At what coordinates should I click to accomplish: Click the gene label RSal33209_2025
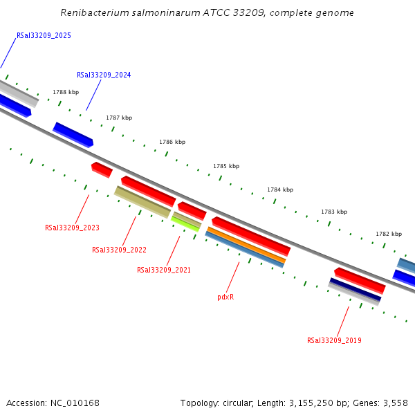coord(44,35)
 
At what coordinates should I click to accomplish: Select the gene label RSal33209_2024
coord(104,75)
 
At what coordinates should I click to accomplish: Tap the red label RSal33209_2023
coord(72,228)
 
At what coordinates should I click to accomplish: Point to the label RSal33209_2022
coord(119,250)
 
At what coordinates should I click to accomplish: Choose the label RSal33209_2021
coord(164,270)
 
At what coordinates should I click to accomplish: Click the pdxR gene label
coord(225,297)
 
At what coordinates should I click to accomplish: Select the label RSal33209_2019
coord(334,340)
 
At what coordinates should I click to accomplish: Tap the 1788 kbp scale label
coord(66,92)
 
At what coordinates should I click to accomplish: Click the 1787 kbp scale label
coord(119,118)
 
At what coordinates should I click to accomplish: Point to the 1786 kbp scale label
coord(172,142)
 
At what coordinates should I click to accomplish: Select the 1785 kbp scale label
coord(226,166)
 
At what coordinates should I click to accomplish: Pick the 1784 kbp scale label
coord(280,190)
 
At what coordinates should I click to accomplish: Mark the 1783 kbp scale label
coord(334,212)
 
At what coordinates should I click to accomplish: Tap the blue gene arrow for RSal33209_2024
coord(73,134)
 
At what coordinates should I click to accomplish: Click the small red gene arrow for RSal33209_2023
coord(102,169)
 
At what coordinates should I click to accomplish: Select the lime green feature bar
coord(185,223)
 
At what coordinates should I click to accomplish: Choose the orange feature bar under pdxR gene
coord(246,246)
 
